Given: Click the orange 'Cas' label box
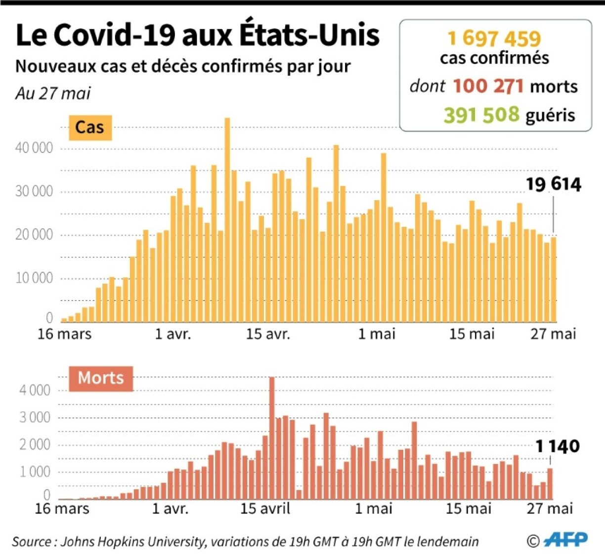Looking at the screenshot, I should pyautogui.click(x=89, y=128).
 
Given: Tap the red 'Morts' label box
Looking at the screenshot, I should pyautogui.click(x=101, y=378).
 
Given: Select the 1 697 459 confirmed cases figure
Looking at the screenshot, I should pyautogui.click(x=494, y=39).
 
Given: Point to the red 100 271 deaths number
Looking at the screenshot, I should pyautogui.click(x=488, y=86).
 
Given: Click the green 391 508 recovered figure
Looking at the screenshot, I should pyautogui.click(x=481, y=115).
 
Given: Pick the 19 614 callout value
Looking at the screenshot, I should pyautogui.click(x=553, y=184).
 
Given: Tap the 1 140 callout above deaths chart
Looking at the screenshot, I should pyautogui.click(x=558, y=446).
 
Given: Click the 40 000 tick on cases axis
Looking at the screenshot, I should pyautogui.click(x=34, y=148).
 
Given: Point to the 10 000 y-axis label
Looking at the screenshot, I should pyautogui.click(x=34, y=278).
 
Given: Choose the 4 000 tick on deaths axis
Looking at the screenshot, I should pyautogui.click(x=35, y=390).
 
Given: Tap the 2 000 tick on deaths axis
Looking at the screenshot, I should pyautogui.click(x=35, y=445).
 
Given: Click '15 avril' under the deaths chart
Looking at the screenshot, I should pyautogui.click(x=265, y=508).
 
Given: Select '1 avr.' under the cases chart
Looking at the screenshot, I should pyautogui.click(x=173, y=334).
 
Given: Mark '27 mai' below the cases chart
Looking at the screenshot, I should pyautogui.click(x=553, y=334).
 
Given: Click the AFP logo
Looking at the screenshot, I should pyautogui.click(x=565, y=539).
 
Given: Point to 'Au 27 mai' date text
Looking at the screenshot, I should pyautogui.click(x=53, y=93).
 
